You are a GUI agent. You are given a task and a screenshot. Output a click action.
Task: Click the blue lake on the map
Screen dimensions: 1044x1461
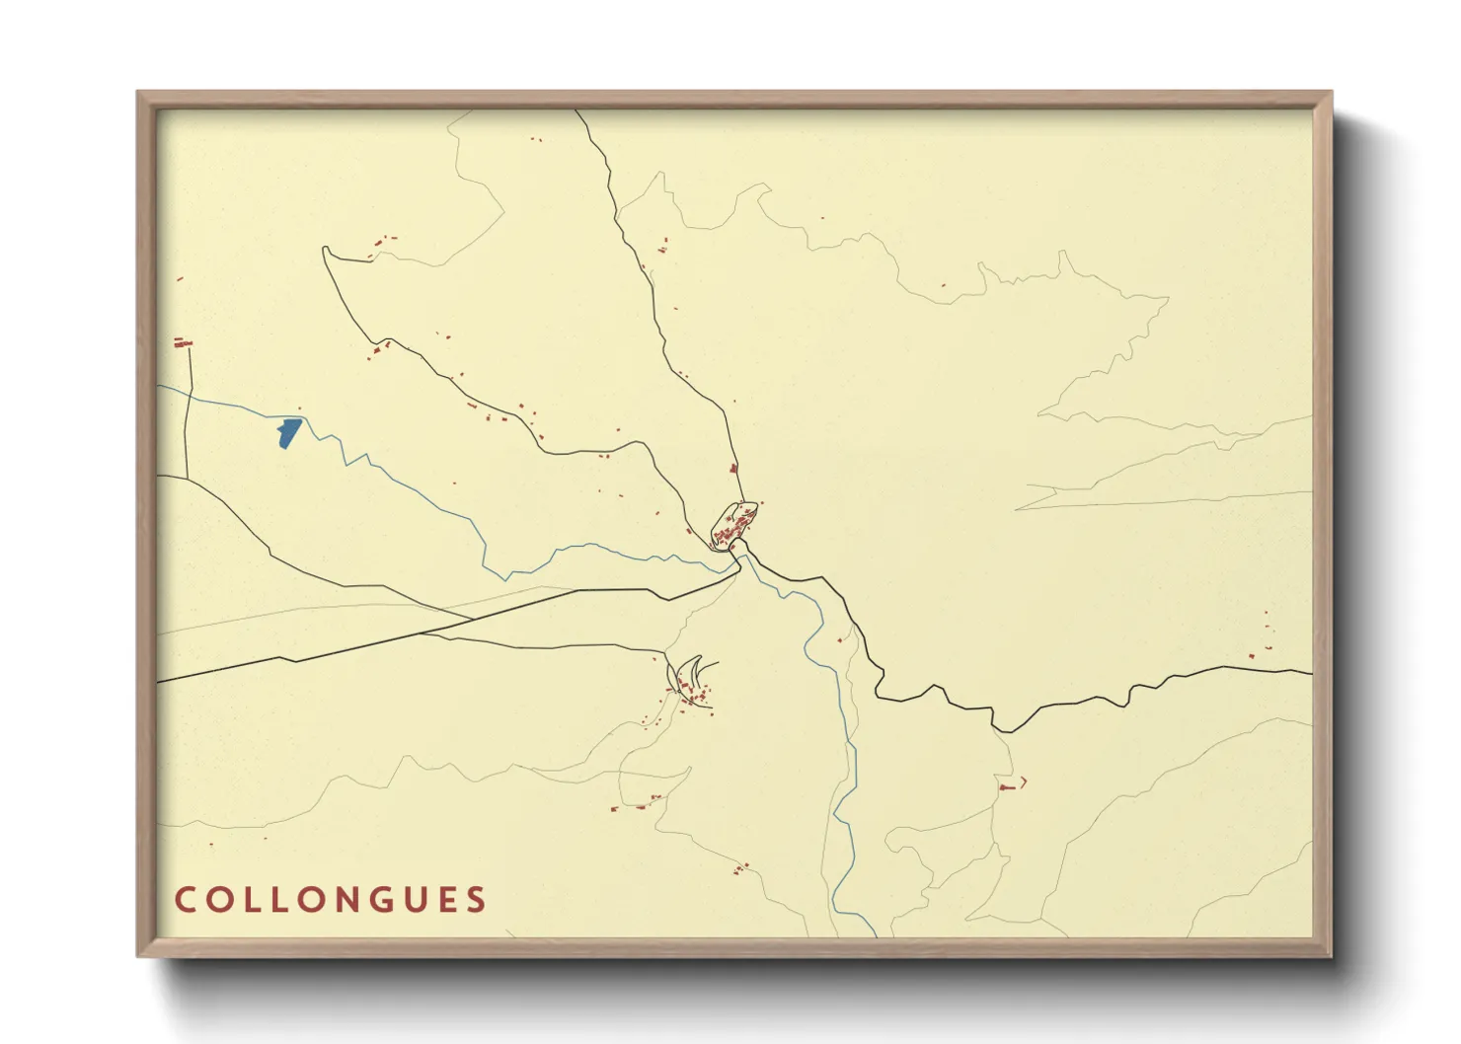tap(287, 432)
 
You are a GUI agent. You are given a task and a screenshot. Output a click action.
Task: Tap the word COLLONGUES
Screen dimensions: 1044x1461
tap(331, 900)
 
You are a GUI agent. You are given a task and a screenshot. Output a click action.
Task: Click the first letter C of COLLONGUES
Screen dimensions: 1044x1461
tap(185, 900)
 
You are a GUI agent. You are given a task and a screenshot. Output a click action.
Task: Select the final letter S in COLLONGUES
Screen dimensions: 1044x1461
tap(477, 900)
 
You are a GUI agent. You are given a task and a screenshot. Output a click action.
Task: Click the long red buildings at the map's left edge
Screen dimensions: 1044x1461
tap(182, 343)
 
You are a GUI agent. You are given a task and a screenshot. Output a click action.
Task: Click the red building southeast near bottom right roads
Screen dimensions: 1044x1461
tap(1008, 786)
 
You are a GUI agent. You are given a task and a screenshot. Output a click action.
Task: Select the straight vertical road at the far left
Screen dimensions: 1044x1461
tap(189, 414)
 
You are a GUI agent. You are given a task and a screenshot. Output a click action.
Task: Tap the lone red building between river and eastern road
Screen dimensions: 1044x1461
tap(840, 640)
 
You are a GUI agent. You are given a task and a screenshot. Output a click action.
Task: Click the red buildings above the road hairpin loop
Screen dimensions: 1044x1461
tap(383, 239)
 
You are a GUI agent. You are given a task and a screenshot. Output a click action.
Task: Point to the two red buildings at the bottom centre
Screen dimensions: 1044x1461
tap(740, 868)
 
